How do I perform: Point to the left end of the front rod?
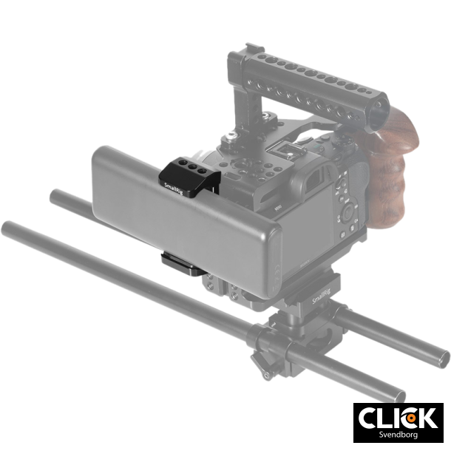[9, 225]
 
